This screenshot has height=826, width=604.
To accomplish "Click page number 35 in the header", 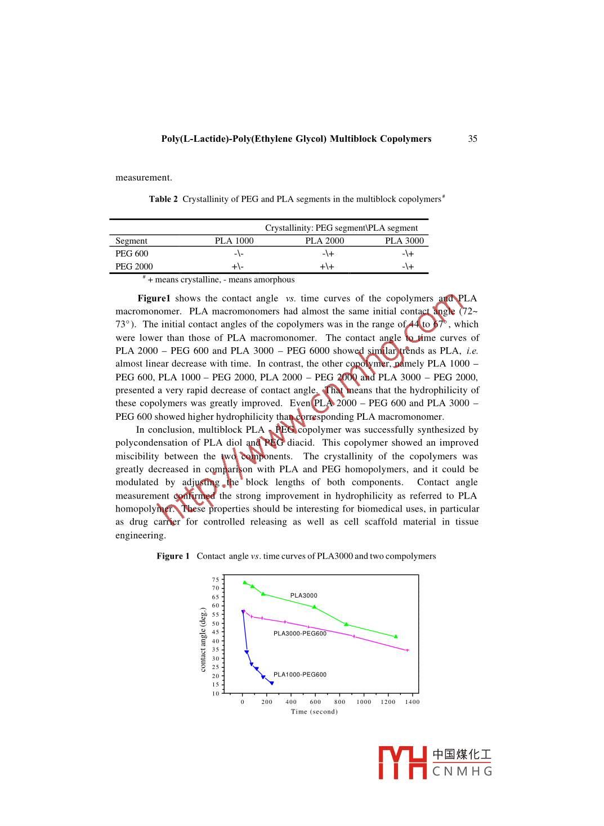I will [472, 139].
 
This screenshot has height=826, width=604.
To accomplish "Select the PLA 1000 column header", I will [234, 241].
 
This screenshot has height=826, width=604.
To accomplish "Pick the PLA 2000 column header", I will [324, 241].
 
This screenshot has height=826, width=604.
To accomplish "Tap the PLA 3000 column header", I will [404, 241].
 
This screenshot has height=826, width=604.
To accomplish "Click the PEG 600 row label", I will [132, 254].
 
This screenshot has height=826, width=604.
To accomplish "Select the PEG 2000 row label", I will [134, 267].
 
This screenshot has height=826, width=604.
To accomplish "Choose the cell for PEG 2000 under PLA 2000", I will [326, 267].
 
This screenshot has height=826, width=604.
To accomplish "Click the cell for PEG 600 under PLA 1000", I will [238, 254].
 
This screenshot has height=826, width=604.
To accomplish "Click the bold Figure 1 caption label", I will [173, 556].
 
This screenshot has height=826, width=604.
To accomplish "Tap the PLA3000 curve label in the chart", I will [303, 595].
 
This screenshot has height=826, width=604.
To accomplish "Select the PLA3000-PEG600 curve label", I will [299, 634].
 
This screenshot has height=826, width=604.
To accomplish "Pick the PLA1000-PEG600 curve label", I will [299, 675].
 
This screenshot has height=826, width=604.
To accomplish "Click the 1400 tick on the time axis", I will [412, 702].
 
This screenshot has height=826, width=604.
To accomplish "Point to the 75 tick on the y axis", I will [216, 580].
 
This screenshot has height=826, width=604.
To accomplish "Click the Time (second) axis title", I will [314, 712].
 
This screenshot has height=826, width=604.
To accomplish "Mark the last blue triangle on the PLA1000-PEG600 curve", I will [272, 683].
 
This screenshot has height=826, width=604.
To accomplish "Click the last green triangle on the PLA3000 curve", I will [396, 636].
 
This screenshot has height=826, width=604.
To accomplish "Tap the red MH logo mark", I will [402, 763].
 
